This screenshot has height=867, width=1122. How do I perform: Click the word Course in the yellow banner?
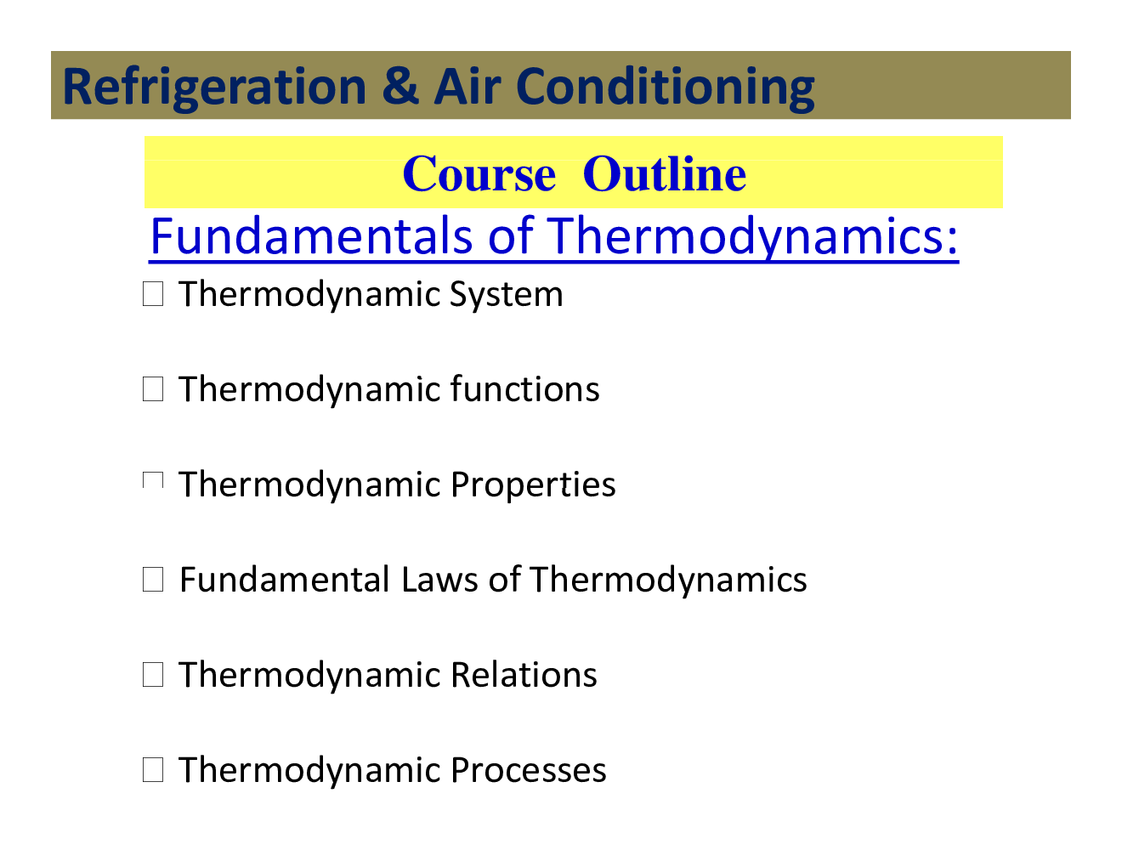coord(479,174)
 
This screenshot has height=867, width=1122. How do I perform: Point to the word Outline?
coord(665,174)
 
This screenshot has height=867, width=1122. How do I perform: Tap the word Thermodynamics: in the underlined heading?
coord(752,235)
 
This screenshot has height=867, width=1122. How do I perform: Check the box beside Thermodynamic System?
coord(153,295)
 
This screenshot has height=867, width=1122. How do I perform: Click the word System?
coord(506,295)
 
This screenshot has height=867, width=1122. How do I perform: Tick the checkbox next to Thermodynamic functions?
coord(153,390)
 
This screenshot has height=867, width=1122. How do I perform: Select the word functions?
coord(524,390)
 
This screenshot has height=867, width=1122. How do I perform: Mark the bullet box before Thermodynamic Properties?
coord(153,482)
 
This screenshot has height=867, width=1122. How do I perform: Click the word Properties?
coord(533,485)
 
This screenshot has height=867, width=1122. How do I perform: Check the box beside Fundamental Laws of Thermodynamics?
coord(153,581)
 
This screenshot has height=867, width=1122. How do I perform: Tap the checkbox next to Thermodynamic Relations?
coord(153,676)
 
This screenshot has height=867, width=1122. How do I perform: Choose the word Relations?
coord(524,676)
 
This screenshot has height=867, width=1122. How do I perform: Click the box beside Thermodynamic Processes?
coord(153,771)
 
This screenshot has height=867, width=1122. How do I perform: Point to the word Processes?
coord(528,771)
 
